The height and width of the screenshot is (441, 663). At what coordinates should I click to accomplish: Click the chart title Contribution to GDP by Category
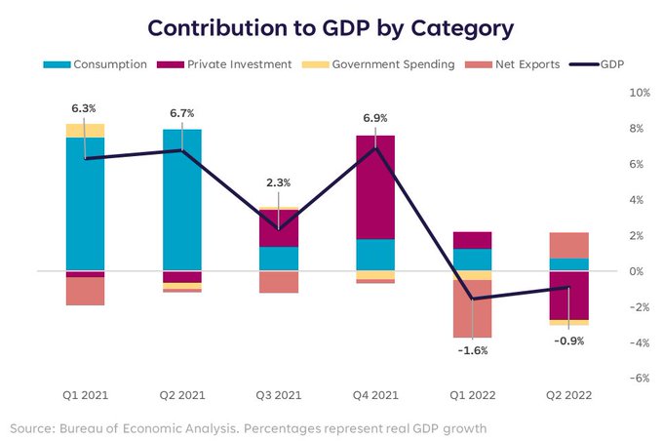tap(331, 27)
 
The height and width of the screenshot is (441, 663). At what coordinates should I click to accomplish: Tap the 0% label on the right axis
tap(639, 271)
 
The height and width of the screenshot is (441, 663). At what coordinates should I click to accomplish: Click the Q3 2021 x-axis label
tap(279, 395)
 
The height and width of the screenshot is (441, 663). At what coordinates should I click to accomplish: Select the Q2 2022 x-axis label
tap(568, 395)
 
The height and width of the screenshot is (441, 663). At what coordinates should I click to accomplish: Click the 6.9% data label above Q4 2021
tap(375, 117)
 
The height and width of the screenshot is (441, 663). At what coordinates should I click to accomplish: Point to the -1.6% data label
tap(473, 350)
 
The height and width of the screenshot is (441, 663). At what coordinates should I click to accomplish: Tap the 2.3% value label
tap(279, 182)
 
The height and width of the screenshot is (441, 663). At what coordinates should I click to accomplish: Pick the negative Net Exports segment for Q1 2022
tap(472, 308)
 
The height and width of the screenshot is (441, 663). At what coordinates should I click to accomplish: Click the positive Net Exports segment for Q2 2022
tap(568, 245)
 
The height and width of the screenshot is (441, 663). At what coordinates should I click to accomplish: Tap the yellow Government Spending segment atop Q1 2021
tap(86, 131)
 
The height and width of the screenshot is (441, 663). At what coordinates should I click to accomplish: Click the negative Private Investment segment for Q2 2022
tap(568, 295)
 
